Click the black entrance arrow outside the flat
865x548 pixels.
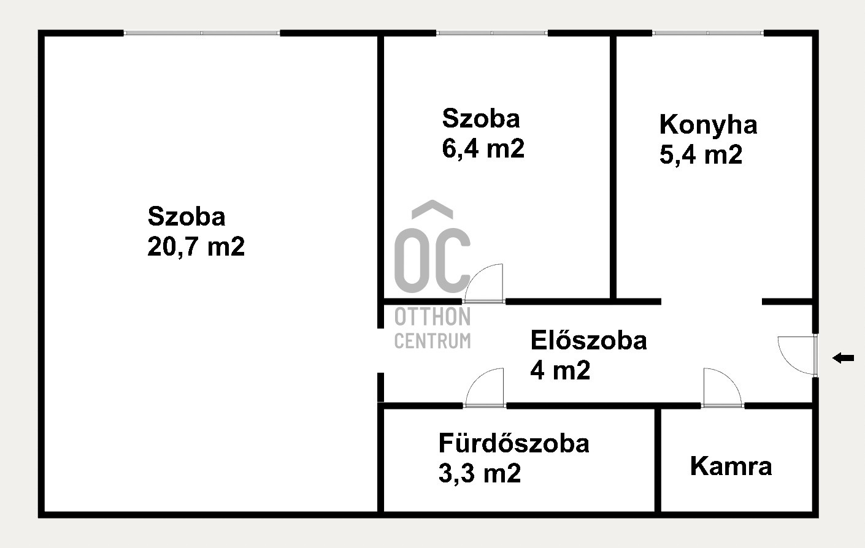click(844, 358)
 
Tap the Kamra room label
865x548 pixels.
click(731, 466)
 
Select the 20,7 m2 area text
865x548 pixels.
click(196, 246)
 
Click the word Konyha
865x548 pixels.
click(708, 124)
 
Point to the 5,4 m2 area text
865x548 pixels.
click(701, 154)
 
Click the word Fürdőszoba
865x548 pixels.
click(514, 443)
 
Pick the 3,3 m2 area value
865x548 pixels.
click(480, 473)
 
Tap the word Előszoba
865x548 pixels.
click(588, 340)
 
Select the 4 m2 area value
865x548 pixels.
click(560, 370)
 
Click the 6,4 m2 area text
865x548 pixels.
click(483, 148)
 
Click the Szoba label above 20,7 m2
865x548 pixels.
click(186, 216)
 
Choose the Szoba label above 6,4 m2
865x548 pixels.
click(481, 118)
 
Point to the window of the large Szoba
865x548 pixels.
click(202, 33)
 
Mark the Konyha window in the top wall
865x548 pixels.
click(708, 33)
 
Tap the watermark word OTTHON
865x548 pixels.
click(433, 317)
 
